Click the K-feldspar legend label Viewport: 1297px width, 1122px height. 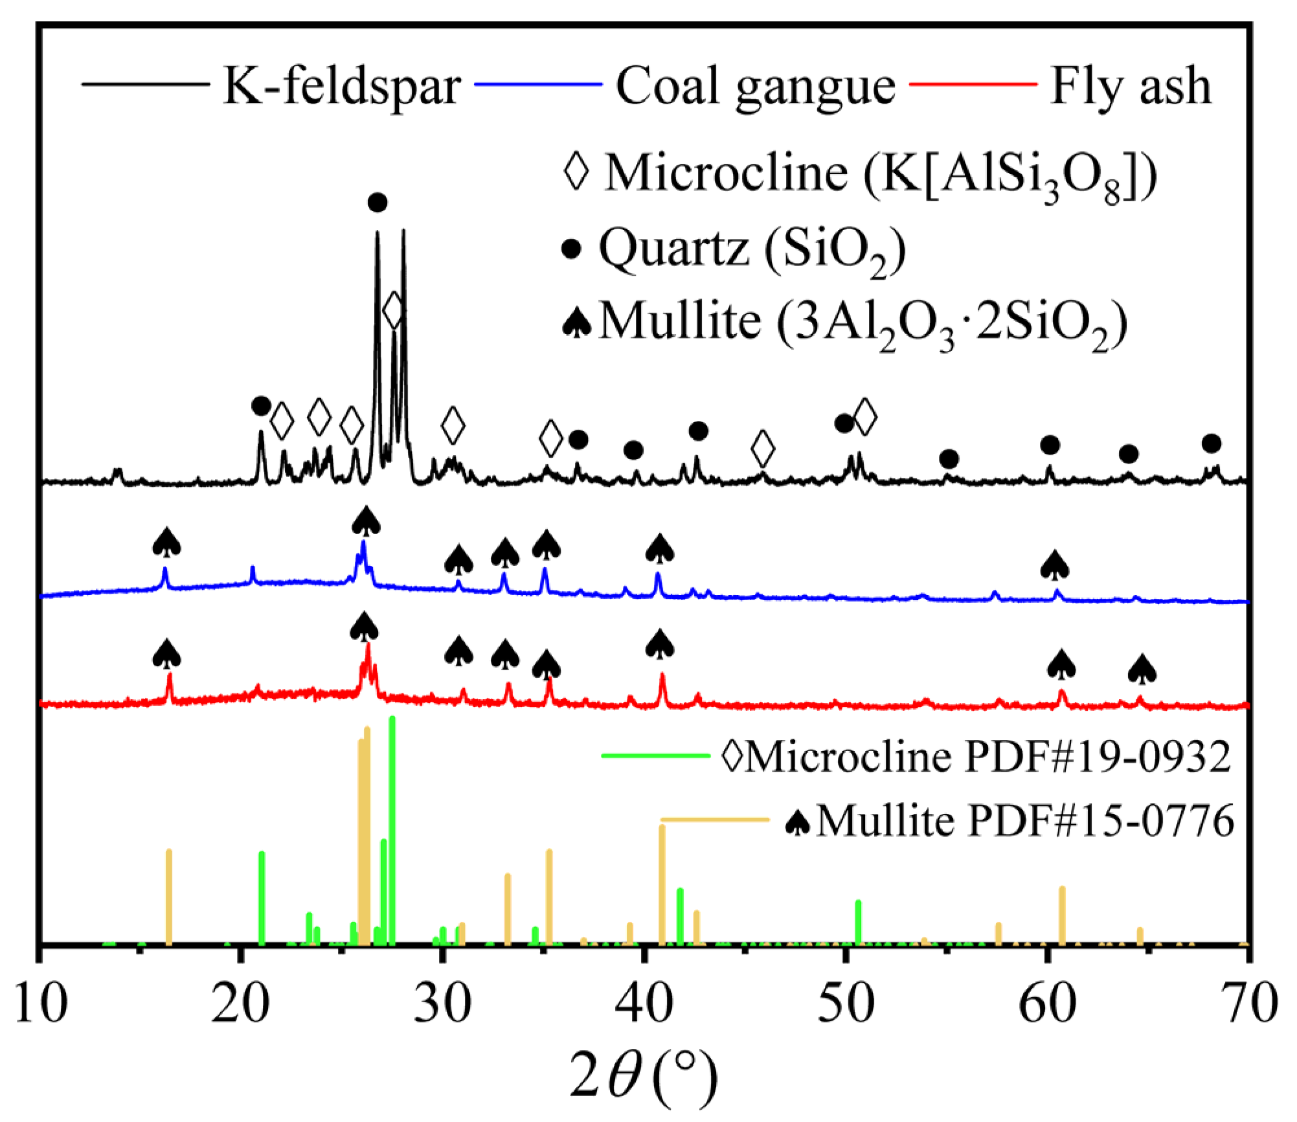click(x=341, y=86)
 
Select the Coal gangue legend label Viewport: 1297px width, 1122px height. click(x=755, y=86)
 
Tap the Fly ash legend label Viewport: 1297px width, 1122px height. click(x=1131, y=86)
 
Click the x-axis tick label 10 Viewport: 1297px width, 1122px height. click(x=40, y=1005)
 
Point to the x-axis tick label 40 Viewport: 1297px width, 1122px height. click(x=644, y=1005)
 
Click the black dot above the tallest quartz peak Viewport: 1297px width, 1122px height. click(x=378, y=203)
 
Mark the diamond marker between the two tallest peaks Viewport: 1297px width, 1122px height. click(x=393, y=311)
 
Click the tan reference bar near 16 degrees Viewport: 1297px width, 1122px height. click(x=169, y=897)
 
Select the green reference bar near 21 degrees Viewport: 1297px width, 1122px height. click(x=262, y=899)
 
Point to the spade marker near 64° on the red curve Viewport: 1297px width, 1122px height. click(x=1142, y=669)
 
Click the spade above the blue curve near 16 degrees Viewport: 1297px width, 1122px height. click(x=166, y=542)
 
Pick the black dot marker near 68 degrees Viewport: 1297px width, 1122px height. click(x=1212, y=443)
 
